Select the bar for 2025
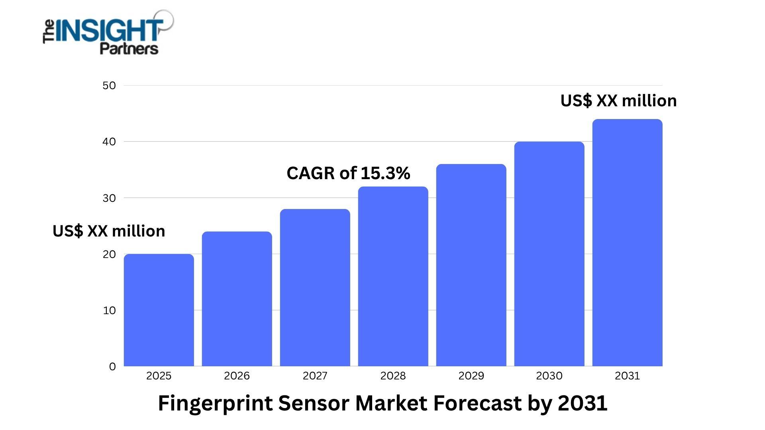(159, 310)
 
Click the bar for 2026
(237, 299)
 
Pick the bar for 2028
(393, 276)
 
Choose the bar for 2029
(471, 265)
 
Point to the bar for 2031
(627, 243)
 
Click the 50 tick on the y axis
(109, 86)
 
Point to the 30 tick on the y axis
(109, 198)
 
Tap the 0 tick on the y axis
(112, 367)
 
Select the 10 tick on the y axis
(109, 311)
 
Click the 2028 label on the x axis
(393, 376)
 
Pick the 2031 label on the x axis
(627, 376)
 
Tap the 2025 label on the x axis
(159, 376)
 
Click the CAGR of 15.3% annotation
(348, 173)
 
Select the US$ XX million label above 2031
(618, 101)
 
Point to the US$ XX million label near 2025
(109, 231)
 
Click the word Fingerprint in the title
(215, 403)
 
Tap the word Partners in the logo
(129, 49)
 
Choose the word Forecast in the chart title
(477, 403)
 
